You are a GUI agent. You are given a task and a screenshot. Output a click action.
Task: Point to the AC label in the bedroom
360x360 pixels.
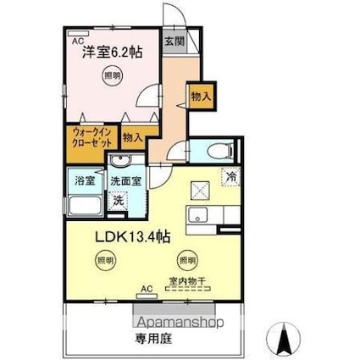coord(77,40)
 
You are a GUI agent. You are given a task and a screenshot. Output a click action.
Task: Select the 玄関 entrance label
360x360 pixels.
coord(174,41)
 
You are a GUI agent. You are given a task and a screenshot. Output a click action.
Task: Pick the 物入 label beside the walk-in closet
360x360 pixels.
coord(132,136)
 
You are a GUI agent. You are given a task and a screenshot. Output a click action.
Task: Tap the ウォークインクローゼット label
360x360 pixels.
coord(91,138)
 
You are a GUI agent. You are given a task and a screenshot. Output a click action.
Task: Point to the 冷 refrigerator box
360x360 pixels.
coord(231,176)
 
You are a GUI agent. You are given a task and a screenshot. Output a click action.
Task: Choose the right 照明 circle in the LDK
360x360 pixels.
coord(185,260)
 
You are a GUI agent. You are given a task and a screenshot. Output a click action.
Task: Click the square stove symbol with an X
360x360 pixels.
coord(200,189)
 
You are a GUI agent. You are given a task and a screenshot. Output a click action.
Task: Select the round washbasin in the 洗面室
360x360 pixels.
coord(124,163)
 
